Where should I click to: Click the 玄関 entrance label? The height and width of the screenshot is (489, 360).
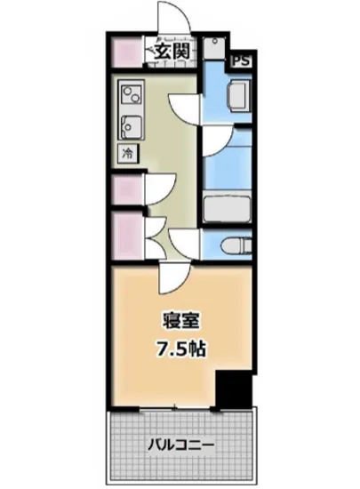172,52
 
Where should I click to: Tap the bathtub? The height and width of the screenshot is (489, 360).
228,210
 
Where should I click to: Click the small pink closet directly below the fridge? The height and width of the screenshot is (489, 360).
126,190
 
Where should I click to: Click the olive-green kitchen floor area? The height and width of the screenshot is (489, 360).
169,142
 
